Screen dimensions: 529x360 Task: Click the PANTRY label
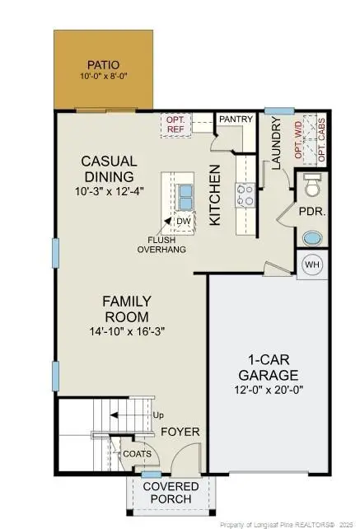[x=234, y=119]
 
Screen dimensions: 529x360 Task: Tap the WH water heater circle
[x=312, y=264]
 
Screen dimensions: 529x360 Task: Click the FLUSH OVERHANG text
[x=161, y=244]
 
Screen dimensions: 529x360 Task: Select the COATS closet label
[x=137, y=453]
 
